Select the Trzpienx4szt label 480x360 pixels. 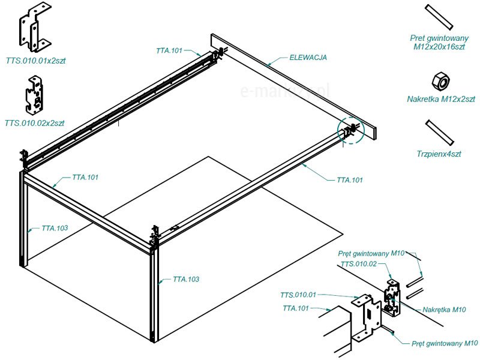tap(440, 154)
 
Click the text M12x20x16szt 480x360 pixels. tap(440, 46)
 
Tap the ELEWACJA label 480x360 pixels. tap(308, 58)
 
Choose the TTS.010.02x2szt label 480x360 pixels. tap(34, 123)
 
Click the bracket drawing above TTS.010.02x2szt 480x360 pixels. tap(34, 94)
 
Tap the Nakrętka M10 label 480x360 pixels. tap(444, 310)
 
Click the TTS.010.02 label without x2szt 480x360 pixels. tap(359, 264)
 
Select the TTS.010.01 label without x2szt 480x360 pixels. tap(298, 295)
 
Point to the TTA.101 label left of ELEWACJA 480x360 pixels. tap(170, 51)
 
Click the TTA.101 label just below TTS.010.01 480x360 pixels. tap(296, 308)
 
